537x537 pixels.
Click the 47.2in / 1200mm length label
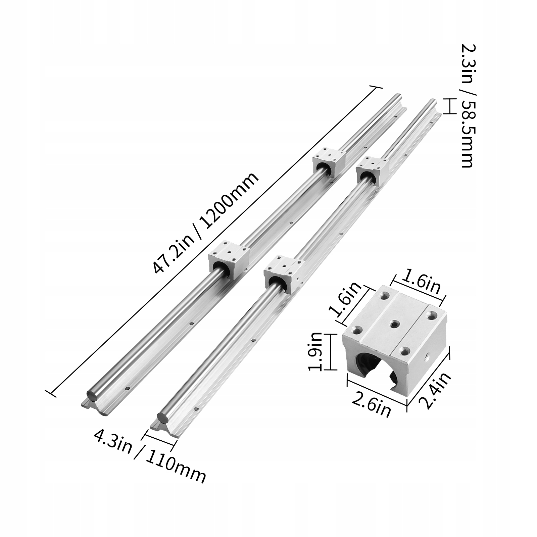[x=205, y=223]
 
